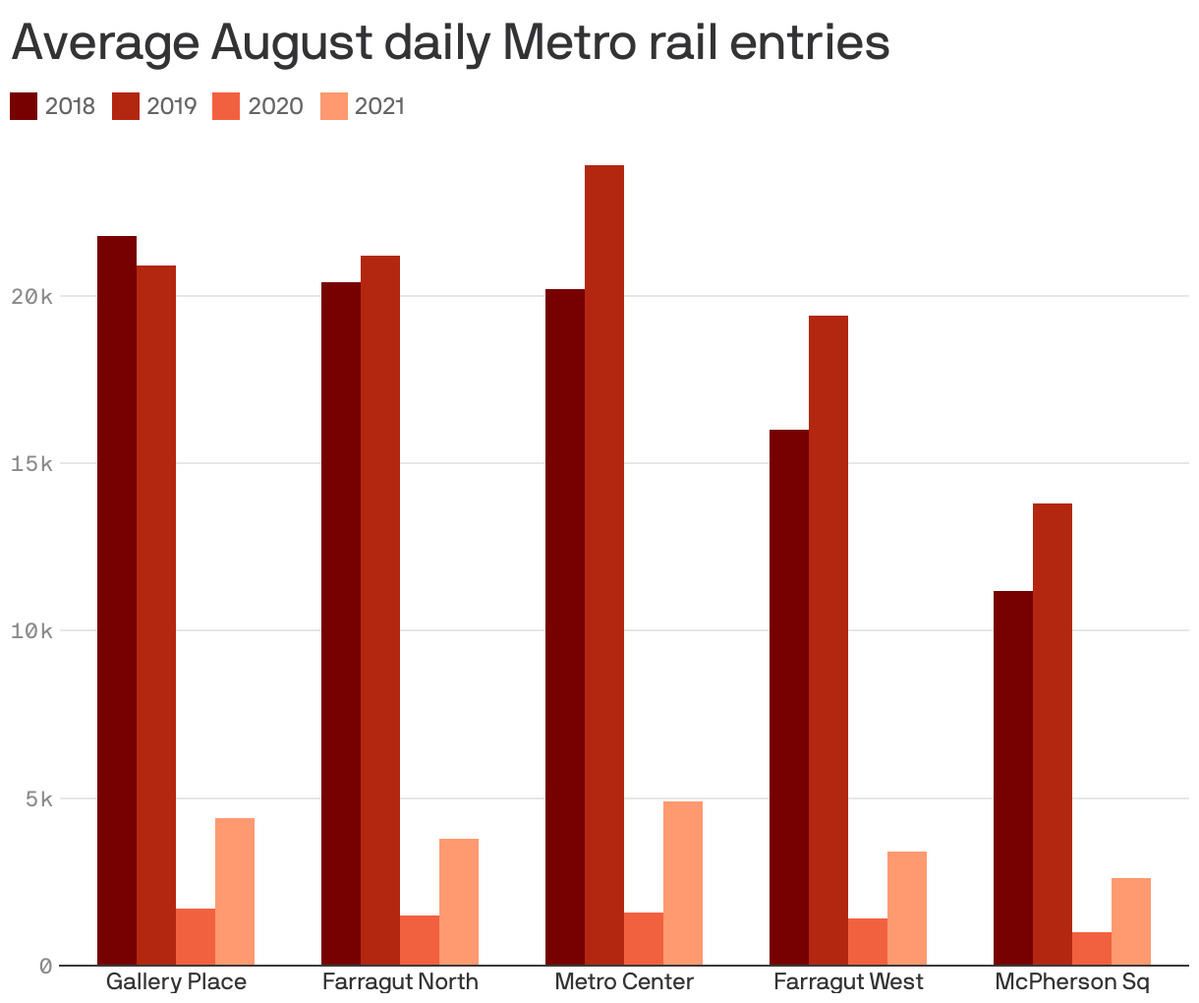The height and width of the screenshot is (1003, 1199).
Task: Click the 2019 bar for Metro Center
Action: (x=604, y=565)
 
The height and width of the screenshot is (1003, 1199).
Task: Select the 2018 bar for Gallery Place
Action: (x=117, y=600)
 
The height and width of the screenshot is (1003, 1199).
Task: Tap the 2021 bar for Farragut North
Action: (x=459, y=902)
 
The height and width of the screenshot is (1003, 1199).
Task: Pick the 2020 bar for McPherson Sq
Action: (x=1092, y=949)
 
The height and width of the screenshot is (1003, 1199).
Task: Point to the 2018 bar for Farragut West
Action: (x=789, y=697)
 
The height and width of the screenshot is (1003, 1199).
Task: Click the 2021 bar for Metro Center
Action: (x=683, y=883)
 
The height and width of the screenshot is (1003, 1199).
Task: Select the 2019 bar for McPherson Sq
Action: (x=1053, y=734)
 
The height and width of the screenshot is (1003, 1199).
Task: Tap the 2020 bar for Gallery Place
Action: (x=196, y=937)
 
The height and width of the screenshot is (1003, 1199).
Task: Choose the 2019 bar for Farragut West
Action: (x=828, y=640)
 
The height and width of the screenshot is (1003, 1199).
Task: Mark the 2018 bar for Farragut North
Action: (x=341, y=623)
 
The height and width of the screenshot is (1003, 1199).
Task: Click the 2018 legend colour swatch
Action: (x=24, y=106)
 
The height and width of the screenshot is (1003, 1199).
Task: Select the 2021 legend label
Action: (x=379, y=106)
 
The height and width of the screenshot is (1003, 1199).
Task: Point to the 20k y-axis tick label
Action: (x=31, y=296)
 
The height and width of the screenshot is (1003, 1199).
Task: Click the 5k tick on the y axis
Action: (x=39, y=798)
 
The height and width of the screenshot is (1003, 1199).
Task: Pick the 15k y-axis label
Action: (x=31, y=463)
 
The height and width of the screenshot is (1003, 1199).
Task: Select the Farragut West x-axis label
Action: (x=848, y=981)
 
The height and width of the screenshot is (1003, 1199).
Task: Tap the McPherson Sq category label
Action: (x=1072, y=981)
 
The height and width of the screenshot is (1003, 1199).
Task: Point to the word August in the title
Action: (x=291, y=44)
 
